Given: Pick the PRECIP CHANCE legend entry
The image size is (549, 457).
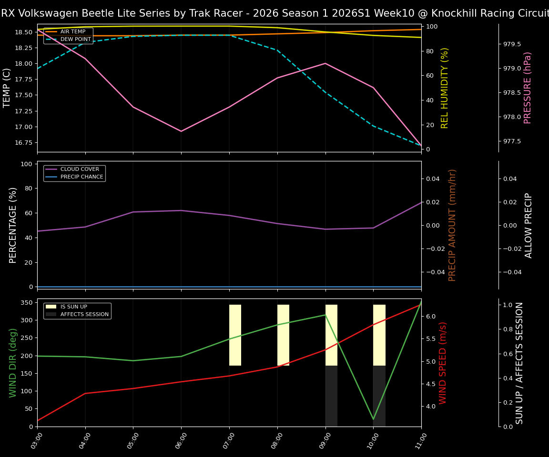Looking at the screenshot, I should click(x=81, y=177).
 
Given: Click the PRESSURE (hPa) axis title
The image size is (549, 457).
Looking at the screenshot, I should click(x=528, y=88).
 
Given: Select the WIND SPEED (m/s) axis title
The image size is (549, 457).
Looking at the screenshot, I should click(x=443, y=363).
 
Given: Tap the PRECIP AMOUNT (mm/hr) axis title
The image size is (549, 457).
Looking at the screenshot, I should click(x=452, y=225).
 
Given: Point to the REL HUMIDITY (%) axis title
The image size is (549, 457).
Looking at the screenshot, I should click(x=445, y=88).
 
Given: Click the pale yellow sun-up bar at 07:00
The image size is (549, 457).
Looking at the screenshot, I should click(x=235, y=335).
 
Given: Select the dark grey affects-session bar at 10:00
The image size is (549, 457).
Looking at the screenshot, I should click(x=379, y=396).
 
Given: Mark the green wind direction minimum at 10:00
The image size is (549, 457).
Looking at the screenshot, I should click(x=373, y=419).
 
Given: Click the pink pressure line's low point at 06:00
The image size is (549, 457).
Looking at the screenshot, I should click(x=181, y=131).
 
